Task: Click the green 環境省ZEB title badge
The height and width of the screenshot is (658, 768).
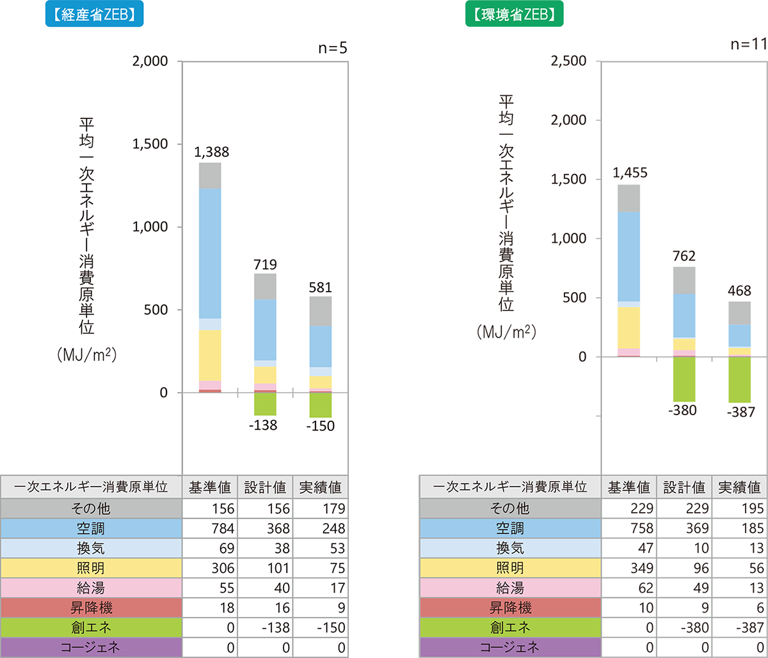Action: pyautogui.click(x=514, y=16)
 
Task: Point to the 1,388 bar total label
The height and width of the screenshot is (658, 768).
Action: pyautogui.click(x=212, y=153)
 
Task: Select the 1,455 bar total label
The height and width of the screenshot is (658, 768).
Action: pyautogui.click(x=630, y=173)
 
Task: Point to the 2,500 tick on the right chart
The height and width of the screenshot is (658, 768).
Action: pyautogui.click(x=568, y=61)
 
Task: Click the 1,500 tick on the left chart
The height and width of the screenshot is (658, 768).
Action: pyautogui.click(x=150, y=145)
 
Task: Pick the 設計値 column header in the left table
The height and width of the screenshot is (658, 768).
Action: pyautogui.click(x=264, y=487)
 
